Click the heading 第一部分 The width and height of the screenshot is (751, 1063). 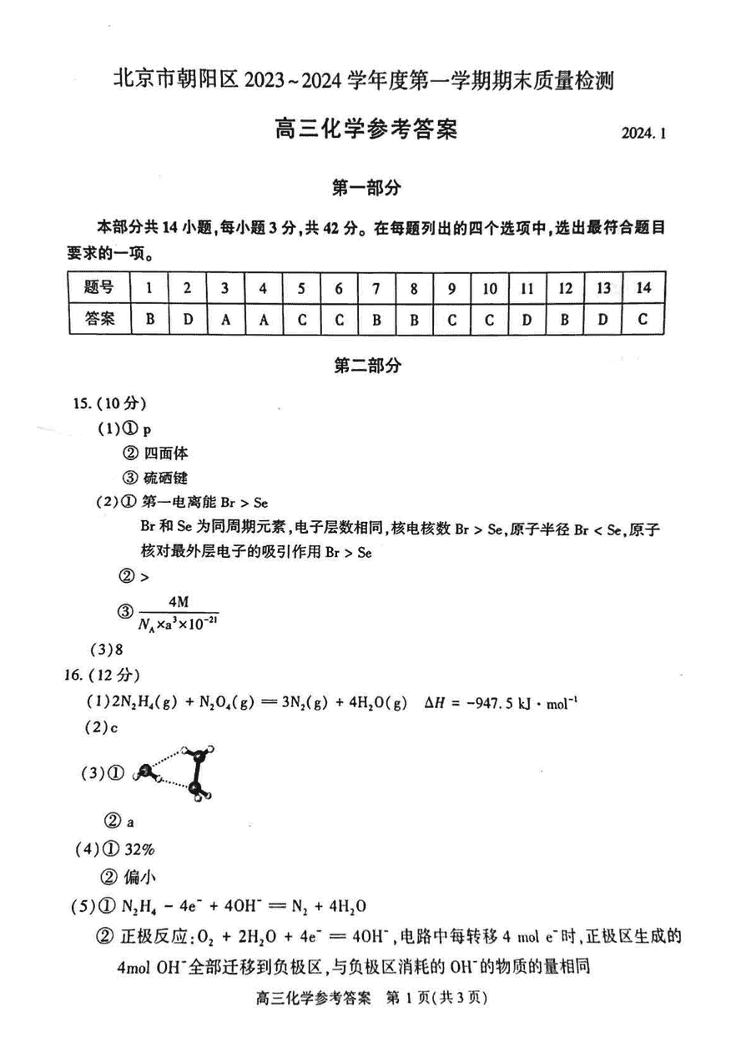tap(366, 189)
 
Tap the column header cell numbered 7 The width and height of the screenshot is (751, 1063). tap(376, 288)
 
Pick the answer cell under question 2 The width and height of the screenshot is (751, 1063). tap(188, 318)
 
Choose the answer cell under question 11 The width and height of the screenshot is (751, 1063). tap(527, 318)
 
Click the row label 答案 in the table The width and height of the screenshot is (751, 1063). tap(99, 318)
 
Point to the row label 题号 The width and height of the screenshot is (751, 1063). tap(99, 288)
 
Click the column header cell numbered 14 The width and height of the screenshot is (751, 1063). tap(643, 288)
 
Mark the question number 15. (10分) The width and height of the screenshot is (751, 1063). tap(110, 403)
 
